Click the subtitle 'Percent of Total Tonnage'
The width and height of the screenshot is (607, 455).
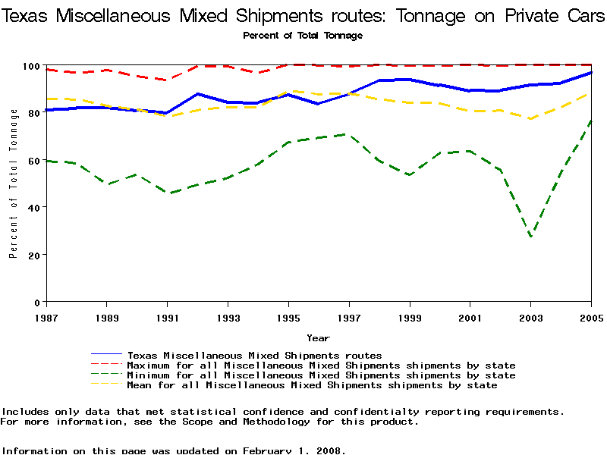(303, 36)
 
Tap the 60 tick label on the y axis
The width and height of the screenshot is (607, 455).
(33, 161)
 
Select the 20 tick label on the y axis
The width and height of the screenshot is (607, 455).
(33, 255)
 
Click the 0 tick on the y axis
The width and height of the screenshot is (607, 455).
(36, 303)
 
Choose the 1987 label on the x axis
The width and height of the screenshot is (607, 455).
(46, 316)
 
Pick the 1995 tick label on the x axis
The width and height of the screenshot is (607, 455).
(288, 316)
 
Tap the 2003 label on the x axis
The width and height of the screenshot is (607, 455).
(530, 316)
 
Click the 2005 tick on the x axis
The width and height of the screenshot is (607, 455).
(590, 316)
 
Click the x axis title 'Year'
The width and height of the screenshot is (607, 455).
(318, 338)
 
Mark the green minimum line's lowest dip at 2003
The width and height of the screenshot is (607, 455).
(530, 237)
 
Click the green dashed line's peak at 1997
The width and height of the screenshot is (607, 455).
(348, 134)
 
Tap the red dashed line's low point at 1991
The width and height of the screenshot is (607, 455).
(166, 80)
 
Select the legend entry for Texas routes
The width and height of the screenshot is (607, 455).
(254, 355)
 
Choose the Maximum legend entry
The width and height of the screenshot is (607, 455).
(321, 366)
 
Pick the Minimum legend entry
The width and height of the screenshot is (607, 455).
(321, 375)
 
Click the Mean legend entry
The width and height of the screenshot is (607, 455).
(312, 385)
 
